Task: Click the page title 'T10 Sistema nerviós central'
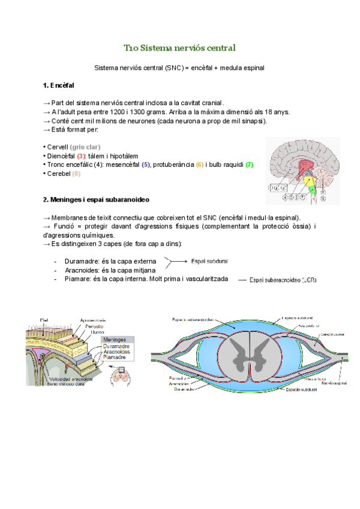pos(179,47)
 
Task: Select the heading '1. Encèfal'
pos(59,85)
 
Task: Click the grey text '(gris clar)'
pos(85,147)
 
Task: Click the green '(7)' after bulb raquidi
pos(249,165)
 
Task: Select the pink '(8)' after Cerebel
pos(76,174)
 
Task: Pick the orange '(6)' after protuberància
pos(200,165)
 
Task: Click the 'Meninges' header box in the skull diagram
pos(115,339)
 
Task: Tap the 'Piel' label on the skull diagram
pos(44,319)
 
